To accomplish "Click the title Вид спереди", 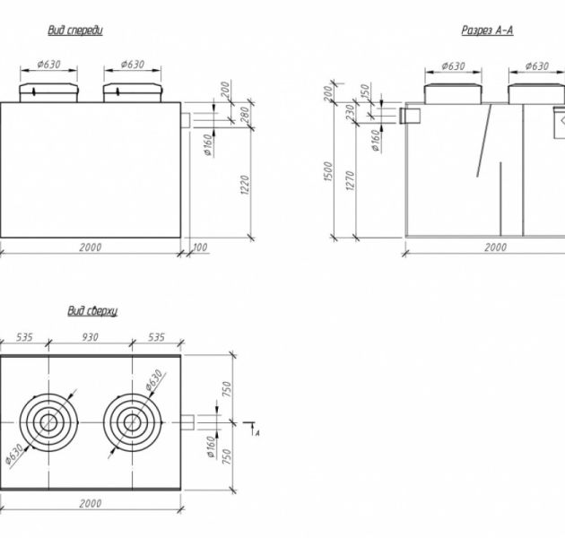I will click(75, 30).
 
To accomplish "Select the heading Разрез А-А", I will click(487, 30).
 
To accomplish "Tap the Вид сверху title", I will click(92, 310).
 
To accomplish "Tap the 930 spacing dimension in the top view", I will click(90, 338).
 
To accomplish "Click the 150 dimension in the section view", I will click(366, 92).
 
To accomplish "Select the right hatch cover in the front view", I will click(131, 91).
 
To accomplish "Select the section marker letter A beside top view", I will click(256, 433).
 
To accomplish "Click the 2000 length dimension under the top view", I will click(90, 503).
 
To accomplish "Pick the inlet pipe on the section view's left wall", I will click(412, 115).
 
